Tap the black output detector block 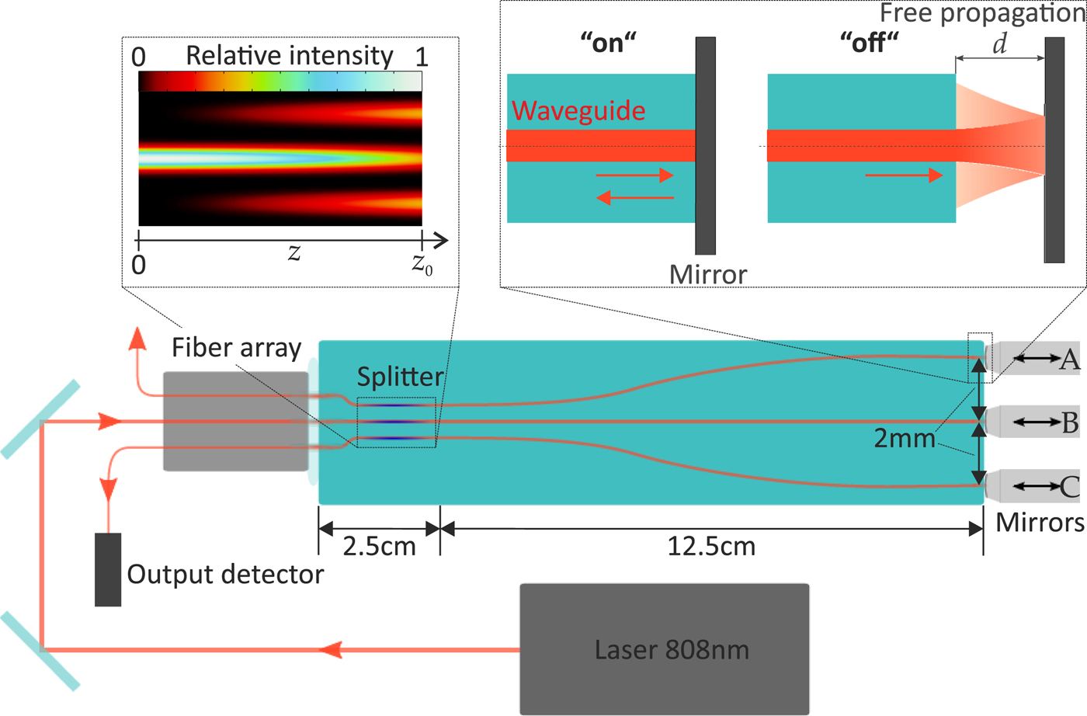pyautogui.click(x=108, y=569)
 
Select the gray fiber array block pyautogui.click(x=236, y=421)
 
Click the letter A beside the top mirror pyautogui.click(x=1070, y=359)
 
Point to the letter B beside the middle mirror pyautogui.click(x=1070, y=422)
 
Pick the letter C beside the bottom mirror pyautogui.click(x=1070, y=487)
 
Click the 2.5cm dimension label pyautogui.click(x=379, y=546)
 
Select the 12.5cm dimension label pyautogui.click(x=711, y=546)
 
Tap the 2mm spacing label pyautogui.click(x=905, y=439)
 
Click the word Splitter pyautogui.click(x=400, y=377)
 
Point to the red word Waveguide pyautogui.click(x=578, y=111)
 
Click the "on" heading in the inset pyautogui.click(x=608, y=43)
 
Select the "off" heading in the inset pyautogui.click(x=869, y=43)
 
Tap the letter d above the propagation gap pyautogui.click(x=1000, y=44)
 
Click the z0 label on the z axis pyautogui.click(x=422, y=264)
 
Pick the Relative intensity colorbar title pyautogui.click(x=290, y=56)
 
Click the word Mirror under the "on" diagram pyautogui.click(x=708, y=274)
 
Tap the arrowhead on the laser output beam pyautogui.click(x=332, y=649)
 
